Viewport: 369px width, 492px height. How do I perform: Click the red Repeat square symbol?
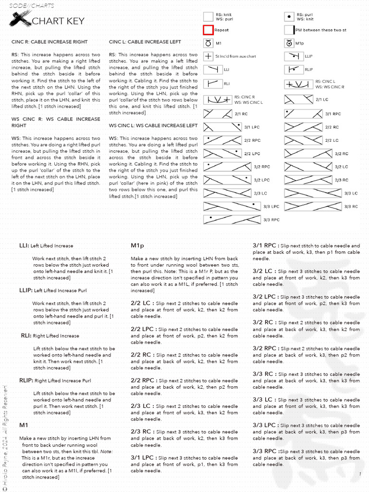point(208,30)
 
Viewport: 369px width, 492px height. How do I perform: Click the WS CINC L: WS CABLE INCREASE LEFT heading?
point(153,125)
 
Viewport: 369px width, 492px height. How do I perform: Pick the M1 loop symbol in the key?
point(208,43)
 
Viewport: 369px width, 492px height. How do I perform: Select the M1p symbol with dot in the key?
point(289,43)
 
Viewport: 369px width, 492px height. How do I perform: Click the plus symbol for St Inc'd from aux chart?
point(208,56)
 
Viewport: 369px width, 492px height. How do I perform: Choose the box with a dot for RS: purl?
point(289,17)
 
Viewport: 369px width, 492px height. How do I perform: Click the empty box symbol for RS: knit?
point(208,17)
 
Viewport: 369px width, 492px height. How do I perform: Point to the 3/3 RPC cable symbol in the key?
point(231,219)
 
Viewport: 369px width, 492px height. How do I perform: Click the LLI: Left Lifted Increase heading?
point(46,246)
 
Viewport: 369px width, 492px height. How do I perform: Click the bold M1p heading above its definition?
point(138,246)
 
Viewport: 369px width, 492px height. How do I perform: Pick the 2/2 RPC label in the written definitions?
point(143,381)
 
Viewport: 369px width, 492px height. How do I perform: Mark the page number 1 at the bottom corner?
point(359,474)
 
